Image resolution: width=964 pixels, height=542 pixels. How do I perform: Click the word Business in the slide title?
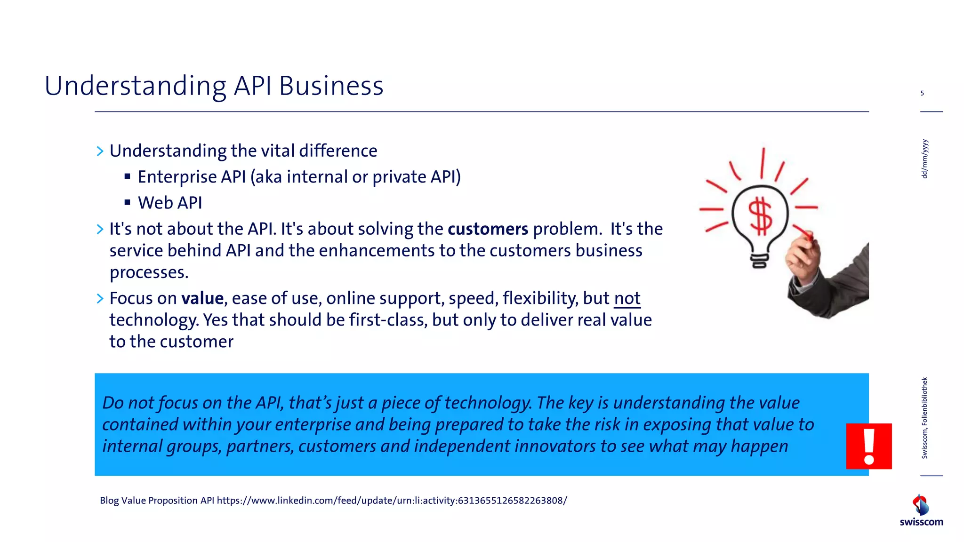[x=331, y=86]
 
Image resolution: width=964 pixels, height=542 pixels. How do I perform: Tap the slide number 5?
[x=922, y=93]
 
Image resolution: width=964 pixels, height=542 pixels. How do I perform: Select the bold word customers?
[x=488, y=229]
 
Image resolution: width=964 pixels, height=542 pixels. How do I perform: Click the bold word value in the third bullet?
[x=202, y=298]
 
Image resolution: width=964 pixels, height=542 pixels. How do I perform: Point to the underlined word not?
[x=627, y=298]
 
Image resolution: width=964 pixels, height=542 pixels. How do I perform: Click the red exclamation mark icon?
[x=868, y=446]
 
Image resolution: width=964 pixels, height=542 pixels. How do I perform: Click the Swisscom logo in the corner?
[x=921, y=510]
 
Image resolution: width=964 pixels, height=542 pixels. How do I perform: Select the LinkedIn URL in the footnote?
[x=392, y=501]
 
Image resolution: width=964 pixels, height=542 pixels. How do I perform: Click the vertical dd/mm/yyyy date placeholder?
[x=924, y=159]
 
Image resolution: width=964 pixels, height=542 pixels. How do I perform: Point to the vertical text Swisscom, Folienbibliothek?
[x=924, y=418]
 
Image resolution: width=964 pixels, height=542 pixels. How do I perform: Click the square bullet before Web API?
[x=127, y=203]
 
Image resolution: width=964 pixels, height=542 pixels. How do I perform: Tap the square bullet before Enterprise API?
[x=127, y=177]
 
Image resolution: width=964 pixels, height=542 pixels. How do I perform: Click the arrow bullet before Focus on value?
[x=100, y=298]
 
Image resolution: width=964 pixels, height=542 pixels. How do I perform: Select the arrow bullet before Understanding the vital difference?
[x=100, y=151]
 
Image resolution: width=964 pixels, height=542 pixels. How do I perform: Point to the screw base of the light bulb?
[x=759, y=260]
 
